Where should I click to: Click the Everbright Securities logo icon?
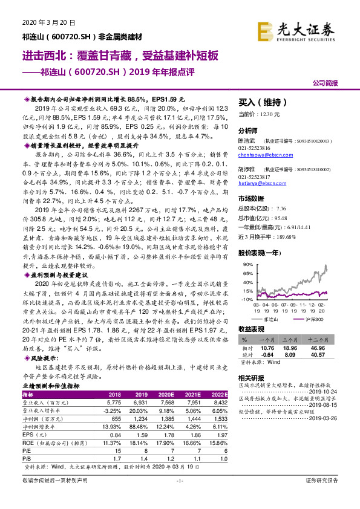pyautogui.click(x=266, y=30)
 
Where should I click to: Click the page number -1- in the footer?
pyautogui.click(x=179, y=496)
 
